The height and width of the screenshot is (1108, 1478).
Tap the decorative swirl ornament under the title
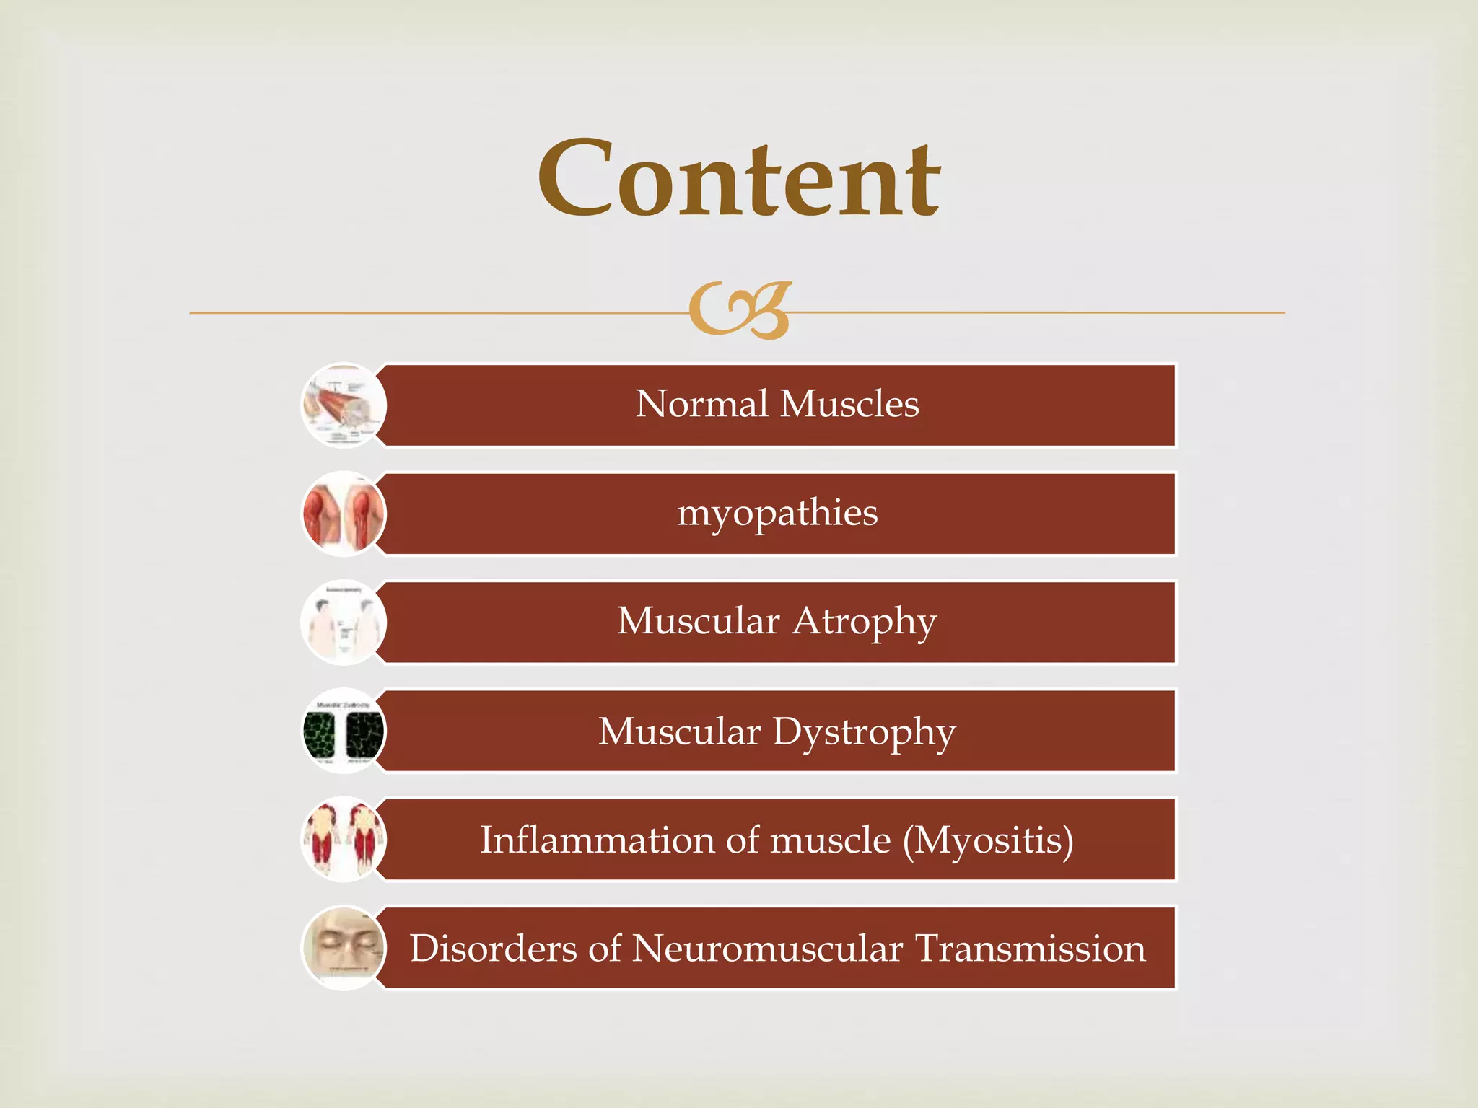740,311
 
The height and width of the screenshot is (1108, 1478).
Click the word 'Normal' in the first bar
701,404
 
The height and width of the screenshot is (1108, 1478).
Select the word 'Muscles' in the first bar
849,404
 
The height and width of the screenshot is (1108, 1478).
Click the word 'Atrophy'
865,622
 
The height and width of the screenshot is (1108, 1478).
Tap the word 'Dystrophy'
864,732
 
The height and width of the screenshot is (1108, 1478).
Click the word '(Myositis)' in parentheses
988,840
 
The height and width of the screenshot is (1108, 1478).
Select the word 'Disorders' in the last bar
494,949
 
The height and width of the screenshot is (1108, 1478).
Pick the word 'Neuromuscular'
767,949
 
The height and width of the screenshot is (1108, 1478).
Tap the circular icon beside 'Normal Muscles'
344,405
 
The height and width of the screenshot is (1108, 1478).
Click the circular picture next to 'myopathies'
344,514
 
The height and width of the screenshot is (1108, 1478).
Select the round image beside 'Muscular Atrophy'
344,623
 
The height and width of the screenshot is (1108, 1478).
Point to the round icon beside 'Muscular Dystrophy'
344,731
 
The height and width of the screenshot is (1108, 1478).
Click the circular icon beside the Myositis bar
344,840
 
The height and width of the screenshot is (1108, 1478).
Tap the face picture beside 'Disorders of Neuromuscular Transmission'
344,948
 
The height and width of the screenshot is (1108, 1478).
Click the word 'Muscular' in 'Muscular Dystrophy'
679,732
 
